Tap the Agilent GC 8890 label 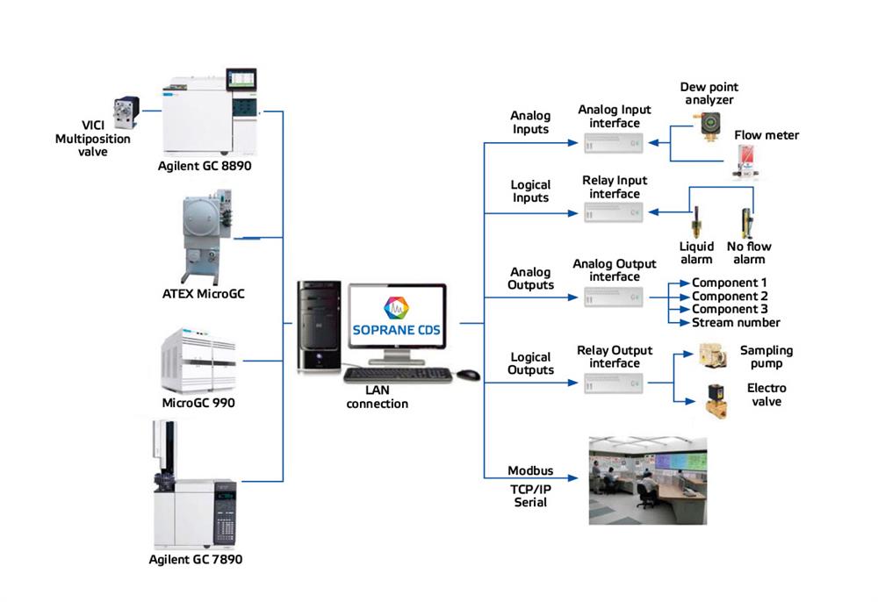[205, 165]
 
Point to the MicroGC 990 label [198, 403]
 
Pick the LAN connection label [378, 398]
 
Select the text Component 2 [730, 296]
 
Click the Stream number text [736, 322]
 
